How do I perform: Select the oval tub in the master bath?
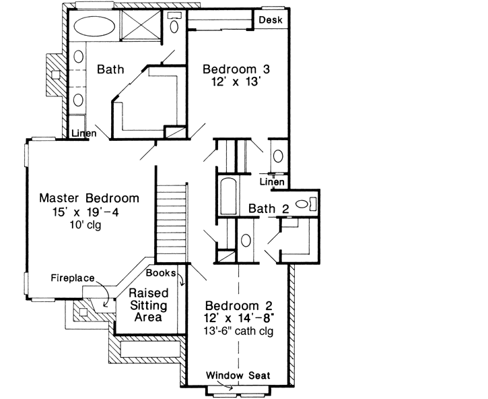point(94,28)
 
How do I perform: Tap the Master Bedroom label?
point(89,199)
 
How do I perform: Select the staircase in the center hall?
point(171,223)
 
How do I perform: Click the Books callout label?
point(162,273)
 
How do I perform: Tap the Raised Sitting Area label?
point(148,305)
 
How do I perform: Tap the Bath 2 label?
point(269,210)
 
